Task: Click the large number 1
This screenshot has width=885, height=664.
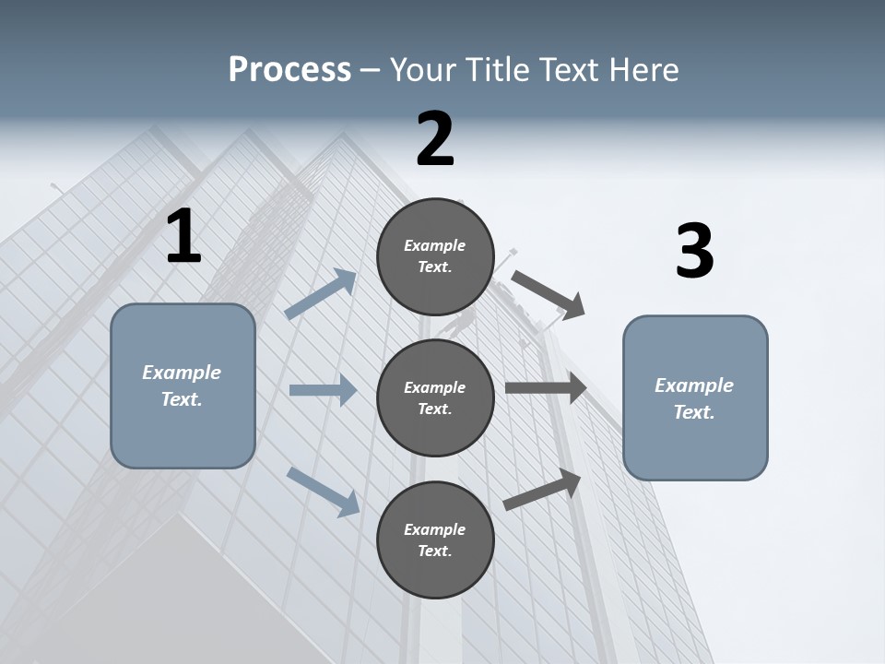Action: point(183,237)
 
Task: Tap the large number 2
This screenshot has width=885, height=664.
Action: point(435,139)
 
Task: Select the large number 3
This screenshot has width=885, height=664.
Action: point(694,251)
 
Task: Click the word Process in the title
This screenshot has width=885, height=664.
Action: point(289,69)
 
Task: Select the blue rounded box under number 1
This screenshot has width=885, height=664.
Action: point(183,385)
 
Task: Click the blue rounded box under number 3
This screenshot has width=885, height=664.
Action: point(695,397)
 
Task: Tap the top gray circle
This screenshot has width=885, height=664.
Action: point(435,256)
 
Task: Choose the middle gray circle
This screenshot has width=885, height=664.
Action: point(435,397)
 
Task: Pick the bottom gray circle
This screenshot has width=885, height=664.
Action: point(435,539)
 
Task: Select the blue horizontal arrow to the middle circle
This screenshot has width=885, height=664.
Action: point(323,390)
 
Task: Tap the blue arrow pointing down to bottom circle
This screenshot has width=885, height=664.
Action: point(324,492)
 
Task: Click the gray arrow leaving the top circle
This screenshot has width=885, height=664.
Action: point(548,294)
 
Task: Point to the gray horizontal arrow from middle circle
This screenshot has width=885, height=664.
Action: point(546,388)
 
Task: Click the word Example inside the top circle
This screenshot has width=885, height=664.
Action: point(435,245)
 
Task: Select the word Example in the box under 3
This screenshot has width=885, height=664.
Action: point(694,385)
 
